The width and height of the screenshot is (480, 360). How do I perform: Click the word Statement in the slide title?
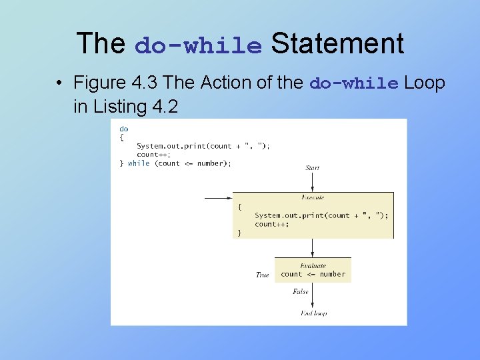coord(337,44)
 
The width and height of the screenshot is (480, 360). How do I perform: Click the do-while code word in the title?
coord(198,46)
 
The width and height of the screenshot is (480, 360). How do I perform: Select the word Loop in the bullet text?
coord(425,83)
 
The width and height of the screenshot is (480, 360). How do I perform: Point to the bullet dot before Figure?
coord(60,83)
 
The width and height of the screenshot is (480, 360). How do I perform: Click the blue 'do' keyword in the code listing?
coord(123,129)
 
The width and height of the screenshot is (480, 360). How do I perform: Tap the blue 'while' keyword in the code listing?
coord(139,163)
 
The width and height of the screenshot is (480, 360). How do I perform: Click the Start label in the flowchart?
coord(312,167)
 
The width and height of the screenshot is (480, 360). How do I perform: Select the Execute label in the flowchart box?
coord(313,197)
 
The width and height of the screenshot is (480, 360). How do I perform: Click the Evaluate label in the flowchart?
coord(313,265)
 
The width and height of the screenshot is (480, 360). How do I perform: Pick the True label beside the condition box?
coord(263,275)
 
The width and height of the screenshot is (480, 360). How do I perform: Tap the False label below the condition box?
coord(301,291)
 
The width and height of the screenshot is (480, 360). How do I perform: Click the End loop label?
coord(313,313)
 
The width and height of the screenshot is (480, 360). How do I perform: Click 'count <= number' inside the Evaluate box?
coord(313,274)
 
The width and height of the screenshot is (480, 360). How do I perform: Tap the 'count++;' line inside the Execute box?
coord(272,224)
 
